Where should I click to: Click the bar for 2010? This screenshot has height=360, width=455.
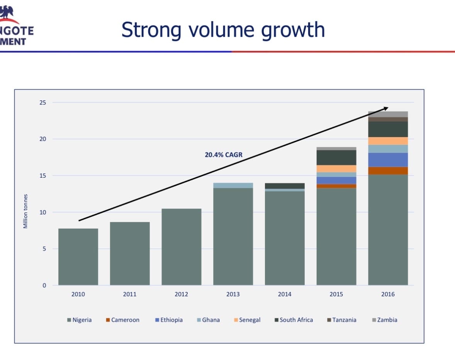78,257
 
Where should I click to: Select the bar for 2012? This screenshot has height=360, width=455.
181,247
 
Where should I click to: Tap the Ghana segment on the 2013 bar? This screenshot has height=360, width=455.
233,185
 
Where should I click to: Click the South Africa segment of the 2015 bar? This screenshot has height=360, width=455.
336,158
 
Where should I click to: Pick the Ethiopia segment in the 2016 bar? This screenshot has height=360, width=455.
388,160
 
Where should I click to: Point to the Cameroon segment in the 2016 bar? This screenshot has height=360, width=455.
388,171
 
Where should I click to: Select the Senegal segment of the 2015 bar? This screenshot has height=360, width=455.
336,168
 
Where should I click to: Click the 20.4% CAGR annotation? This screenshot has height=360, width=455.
224,155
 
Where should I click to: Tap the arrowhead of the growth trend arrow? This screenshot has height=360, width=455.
385,108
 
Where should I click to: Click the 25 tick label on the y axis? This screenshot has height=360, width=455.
42,102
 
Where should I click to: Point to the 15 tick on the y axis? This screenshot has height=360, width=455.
42,175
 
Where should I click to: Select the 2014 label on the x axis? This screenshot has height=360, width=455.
285,294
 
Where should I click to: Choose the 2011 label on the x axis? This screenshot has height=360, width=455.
130,294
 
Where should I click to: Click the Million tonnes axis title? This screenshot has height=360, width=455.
25,211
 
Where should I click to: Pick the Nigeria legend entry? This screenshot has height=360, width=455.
80,320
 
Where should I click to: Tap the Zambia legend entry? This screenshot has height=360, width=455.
384,320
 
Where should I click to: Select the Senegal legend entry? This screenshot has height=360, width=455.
247,320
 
